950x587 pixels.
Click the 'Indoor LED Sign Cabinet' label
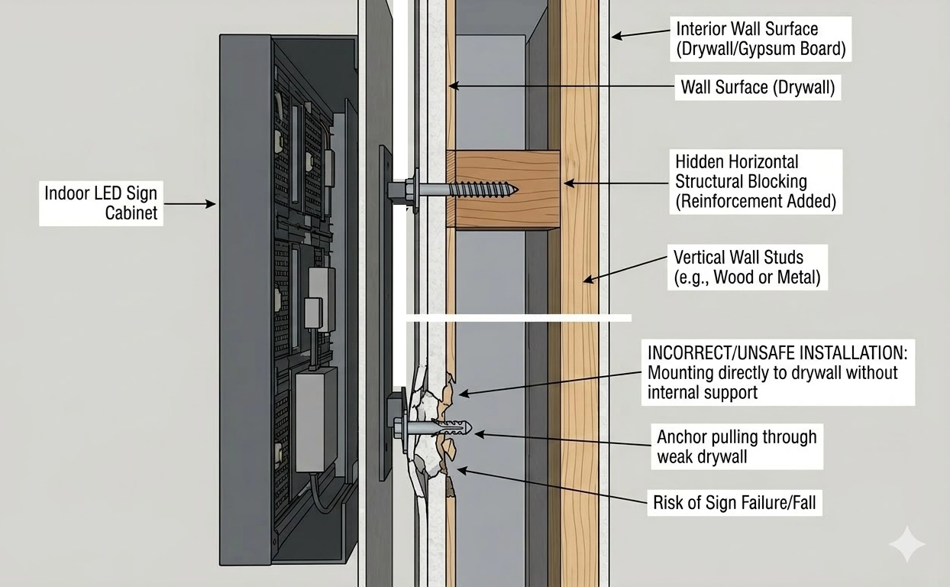[102, 203]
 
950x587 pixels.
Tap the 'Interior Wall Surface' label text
[747, 30]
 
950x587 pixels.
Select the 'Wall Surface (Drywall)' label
[757, 88]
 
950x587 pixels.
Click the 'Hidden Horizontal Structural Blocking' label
[741, 182]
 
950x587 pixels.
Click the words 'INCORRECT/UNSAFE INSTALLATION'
[778, 353]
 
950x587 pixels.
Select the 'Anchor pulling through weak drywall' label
[736, 447]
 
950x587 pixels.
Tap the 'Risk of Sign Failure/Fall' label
[735, 504]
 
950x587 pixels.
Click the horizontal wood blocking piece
[504, 189]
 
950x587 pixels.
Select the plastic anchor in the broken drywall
[451, 426]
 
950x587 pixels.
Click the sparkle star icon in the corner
[906, 544]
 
